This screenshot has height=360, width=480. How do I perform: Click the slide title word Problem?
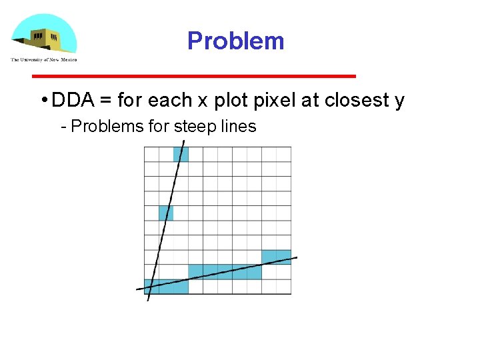pos(236,41)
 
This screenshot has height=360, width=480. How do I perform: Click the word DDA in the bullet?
pos(73,101)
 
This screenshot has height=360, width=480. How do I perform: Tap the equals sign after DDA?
pos(105,101)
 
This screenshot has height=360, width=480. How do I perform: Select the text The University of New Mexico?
pos(44,60)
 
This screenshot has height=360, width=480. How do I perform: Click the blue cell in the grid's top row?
pos(181,154)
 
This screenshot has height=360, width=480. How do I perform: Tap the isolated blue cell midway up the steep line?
pos(166,213)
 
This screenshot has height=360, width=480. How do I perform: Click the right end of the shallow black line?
pos(296,258)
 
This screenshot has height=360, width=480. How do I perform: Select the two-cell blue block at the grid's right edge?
pos(276,257)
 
